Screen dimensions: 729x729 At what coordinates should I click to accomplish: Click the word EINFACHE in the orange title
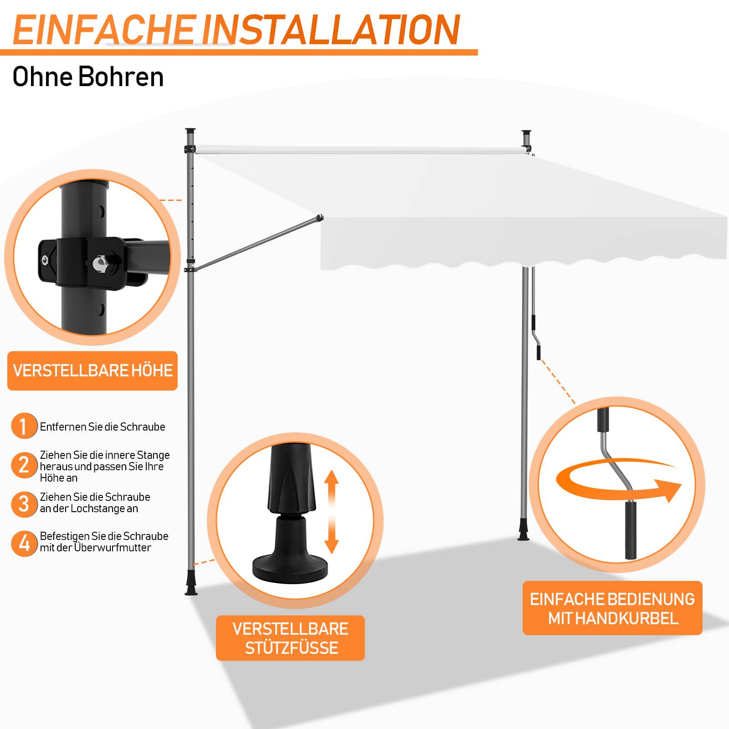coord(104,30)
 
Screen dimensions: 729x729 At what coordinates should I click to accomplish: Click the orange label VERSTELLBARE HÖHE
coord(92,370)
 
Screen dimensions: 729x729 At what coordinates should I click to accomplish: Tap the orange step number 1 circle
coord(24,426)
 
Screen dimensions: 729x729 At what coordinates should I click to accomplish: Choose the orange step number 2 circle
coord(24,465)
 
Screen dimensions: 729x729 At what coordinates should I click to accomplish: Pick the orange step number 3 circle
coord(24,504)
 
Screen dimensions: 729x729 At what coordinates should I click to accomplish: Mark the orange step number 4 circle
coord(24,543)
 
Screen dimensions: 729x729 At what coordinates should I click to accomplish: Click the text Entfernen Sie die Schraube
coord(103,427)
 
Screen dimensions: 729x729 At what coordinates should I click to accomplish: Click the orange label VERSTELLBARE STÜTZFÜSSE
coord(290,638)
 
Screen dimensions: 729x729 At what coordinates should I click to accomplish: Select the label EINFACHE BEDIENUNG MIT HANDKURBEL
coord(612,608)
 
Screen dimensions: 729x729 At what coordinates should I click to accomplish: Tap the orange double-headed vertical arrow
coord(332,512)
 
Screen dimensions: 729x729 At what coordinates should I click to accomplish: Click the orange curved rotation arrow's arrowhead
coord(668,489)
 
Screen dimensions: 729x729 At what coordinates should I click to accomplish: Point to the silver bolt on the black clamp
coord(99,263)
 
